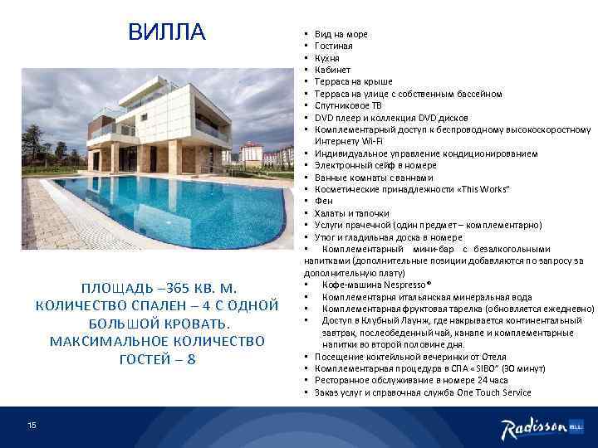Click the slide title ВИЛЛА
point(166,32)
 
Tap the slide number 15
point(32,402)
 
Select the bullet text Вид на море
point(341,34)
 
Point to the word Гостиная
point(334,46)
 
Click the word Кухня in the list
point(328,58)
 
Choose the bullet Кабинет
point(332,70)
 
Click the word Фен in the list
point(324,202)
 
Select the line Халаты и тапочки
point(349,213)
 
